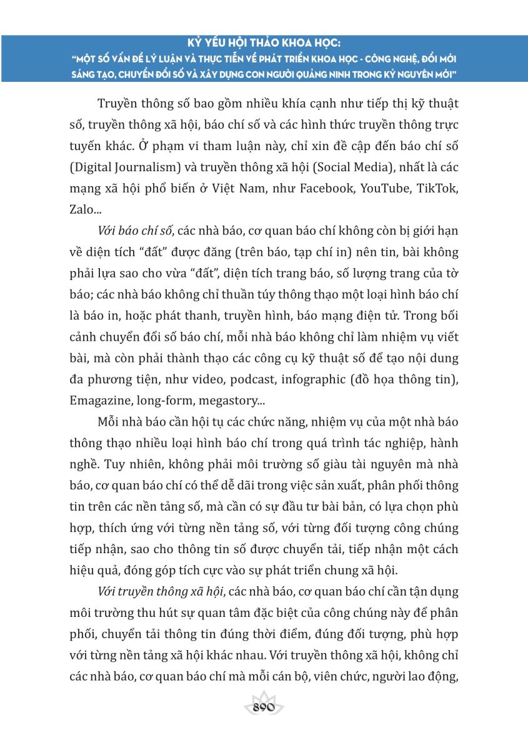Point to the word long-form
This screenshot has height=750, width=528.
[x=160, y=401]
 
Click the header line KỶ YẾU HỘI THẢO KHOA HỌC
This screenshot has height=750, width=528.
[x=264, y=44]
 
